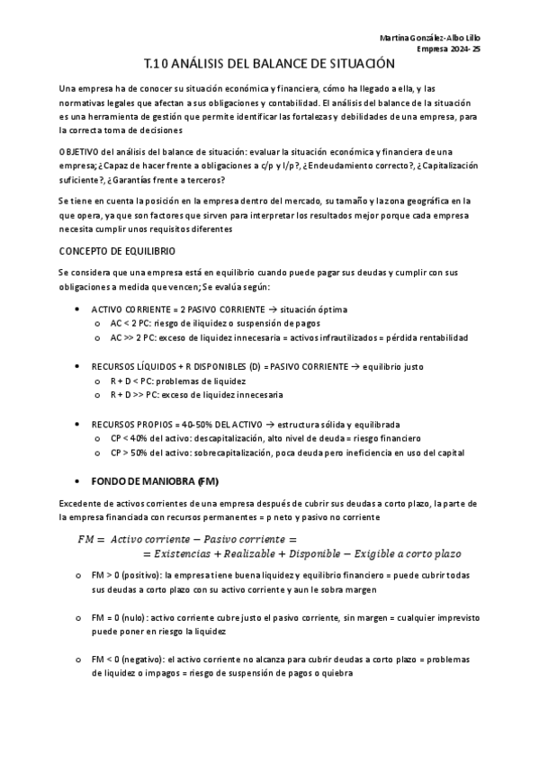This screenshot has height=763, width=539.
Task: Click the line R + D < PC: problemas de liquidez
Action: point(171,381)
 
